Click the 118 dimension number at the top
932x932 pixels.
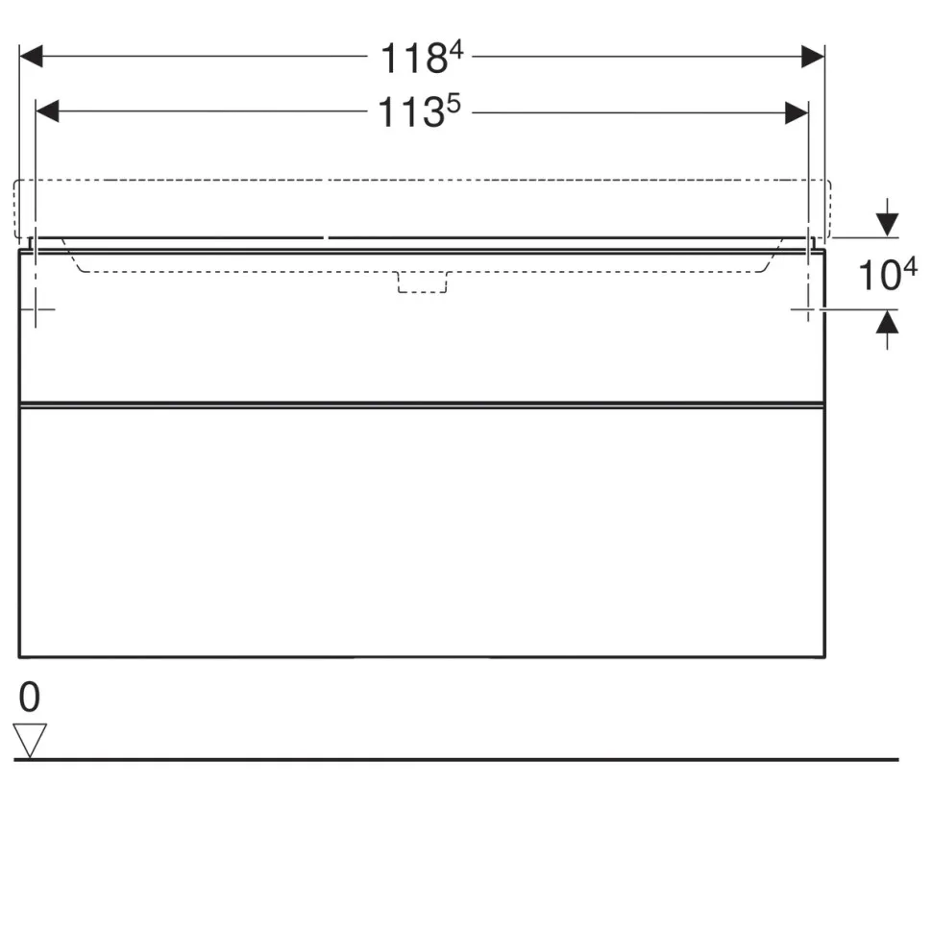coord(414,59)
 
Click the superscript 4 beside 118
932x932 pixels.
coord(455,50)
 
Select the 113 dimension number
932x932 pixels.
coord(411,112)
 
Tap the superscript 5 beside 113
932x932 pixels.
coord(454,105)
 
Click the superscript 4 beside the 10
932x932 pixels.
coord(911,267)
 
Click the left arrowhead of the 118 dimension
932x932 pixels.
coord(31,57)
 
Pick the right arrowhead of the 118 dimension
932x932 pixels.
coord(813,57)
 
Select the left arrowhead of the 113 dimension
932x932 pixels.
coord(47,111)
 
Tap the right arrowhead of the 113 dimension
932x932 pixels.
coord(797,113)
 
